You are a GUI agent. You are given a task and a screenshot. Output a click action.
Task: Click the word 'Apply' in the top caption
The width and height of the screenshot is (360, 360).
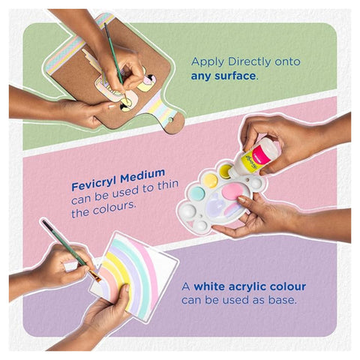[x=208, y=61]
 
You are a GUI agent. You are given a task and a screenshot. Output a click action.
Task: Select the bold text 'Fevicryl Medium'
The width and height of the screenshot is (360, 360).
[x=112, y=184]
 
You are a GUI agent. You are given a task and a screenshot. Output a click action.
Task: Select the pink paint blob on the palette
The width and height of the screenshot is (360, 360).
[x=233, y=193]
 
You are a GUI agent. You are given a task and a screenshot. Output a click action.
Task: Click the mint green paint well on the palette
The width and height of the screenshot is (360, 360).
[x=196, y=194]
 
